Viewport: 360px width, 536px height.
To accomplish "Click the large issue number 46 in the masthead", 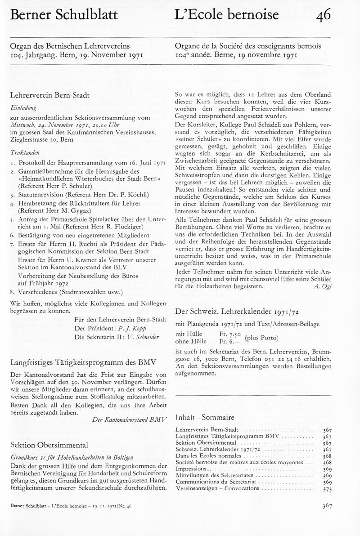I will click(323, 15).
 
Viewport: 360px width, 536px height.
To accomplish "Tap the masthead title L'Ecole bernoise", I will click(227, 15).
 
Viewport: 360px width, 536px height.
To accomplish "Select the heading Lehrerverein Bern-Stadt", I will click(49, 95).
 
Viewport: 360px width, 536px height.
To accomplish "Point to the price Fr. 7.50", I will click(230, 334).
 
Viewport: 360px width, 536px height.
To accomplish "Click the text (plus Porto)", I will click(261, 338).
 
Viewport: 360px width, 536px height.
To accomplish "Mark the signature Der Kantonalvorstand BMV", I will click(129, 420).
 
